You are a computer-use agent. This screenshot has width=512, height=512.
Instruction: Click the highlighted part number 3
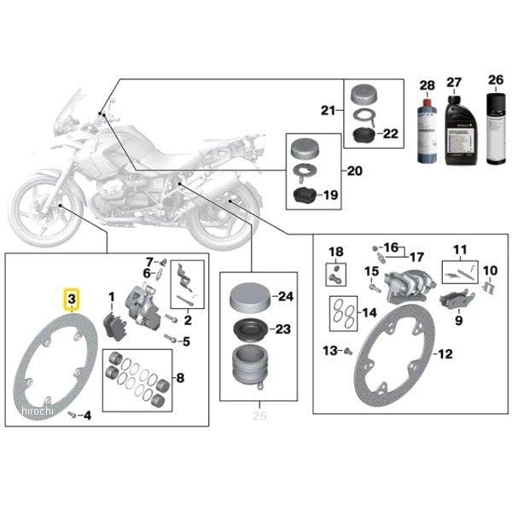[x=72, y=300]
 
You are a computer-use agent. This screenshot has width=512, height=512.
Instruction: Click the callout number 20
[x=354, y=171]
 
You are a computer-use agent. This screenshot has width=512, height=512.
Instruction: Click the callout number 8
[x=178, y=377]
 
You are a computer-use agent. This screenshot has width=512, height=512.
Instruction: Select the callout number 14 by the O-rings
[x=369, y=312]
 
